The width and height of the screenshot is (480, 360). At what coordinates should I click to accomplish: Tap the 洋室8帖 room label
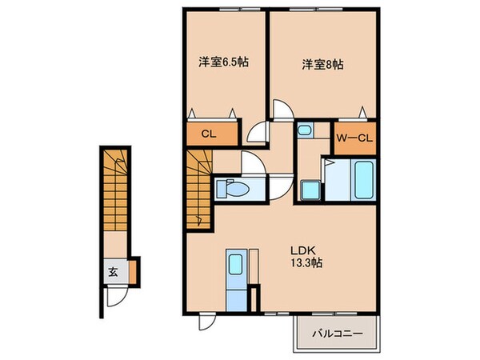(x=322, y=63)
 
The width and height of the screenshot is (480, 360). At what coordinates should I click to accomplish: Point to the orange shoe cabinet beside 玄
(x=134, y=270)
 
